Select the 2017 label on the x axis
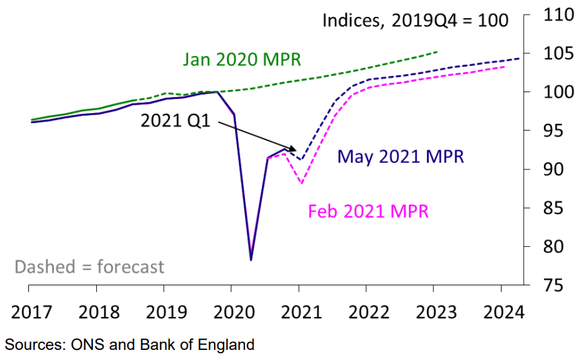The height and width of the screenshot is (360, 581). [29, 313]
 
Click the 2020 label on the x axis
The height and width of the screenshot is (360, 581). [231, 313]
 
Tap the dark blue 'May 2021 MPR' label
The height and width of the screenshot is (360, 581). [401, 157]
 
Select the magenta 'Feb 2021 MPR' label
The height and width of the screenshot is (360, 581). [368, 211]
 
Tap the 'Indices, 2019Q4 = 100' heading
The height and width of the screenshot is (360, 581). [415, 20]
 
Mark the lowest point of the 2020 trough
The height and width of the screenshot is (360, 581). [250, 260]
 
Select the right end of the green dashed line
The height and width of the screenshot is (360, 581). [438, 51]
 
